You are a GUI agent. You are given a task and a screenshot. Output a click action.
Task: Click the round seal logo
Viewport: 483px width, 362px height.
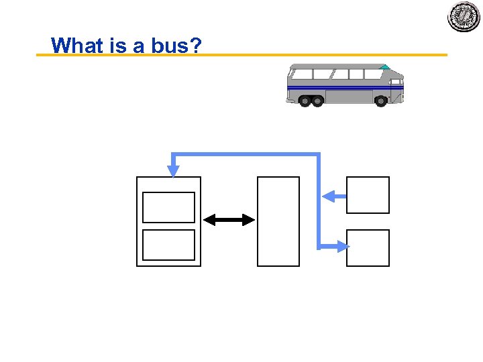tap(464, 17)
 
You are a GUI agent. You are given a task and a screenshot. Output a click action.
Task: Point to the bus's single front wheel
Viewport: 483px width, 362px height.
tap(380, 101)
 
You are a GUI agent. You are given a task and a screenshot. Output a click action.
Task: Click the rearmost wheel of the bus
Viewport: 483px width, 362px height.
tap(305, 101)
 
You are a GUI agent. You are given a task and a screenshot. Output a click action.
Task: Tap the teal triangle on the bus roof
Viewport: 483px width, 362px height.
tap(384, 67)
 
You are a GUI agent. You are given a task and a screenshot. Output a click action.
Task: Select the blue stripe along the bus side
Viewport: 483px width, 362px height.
tap(342, 87)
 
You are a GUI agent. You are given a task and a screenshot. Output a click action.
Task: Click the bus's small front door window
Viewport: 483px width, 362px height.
tap(396, 78)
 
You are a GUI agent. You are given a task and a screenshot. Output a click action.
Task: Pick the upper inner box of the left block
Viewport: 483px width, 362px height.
tap(169, 207)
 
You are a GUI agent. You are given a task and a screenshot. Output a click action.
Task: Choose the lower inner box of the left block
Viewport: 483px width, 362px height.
tap(169, 245)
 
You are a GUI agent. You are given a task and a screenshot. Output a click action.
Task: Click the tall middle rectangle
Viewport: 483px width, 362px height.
tap(278, 221)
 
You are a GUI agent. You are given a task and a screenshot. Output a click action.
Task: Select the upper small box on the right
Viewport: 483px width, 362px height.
tap(368, 195)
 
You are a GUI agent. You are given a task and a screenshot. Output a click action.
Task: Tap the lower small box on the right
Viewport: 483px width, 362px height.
tap(368, 247)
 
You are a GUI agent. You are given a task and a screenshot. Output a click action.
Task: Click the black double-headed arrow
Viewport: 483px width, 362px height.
tap(229, 220)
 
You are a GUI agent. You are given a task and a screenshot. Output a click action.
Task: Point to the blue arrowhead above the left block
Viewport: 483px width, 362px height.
tap(174, 170)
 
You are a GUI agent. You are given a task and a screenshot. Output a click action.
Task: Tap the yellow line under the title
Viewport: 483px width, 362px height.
tap(302, 55)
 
